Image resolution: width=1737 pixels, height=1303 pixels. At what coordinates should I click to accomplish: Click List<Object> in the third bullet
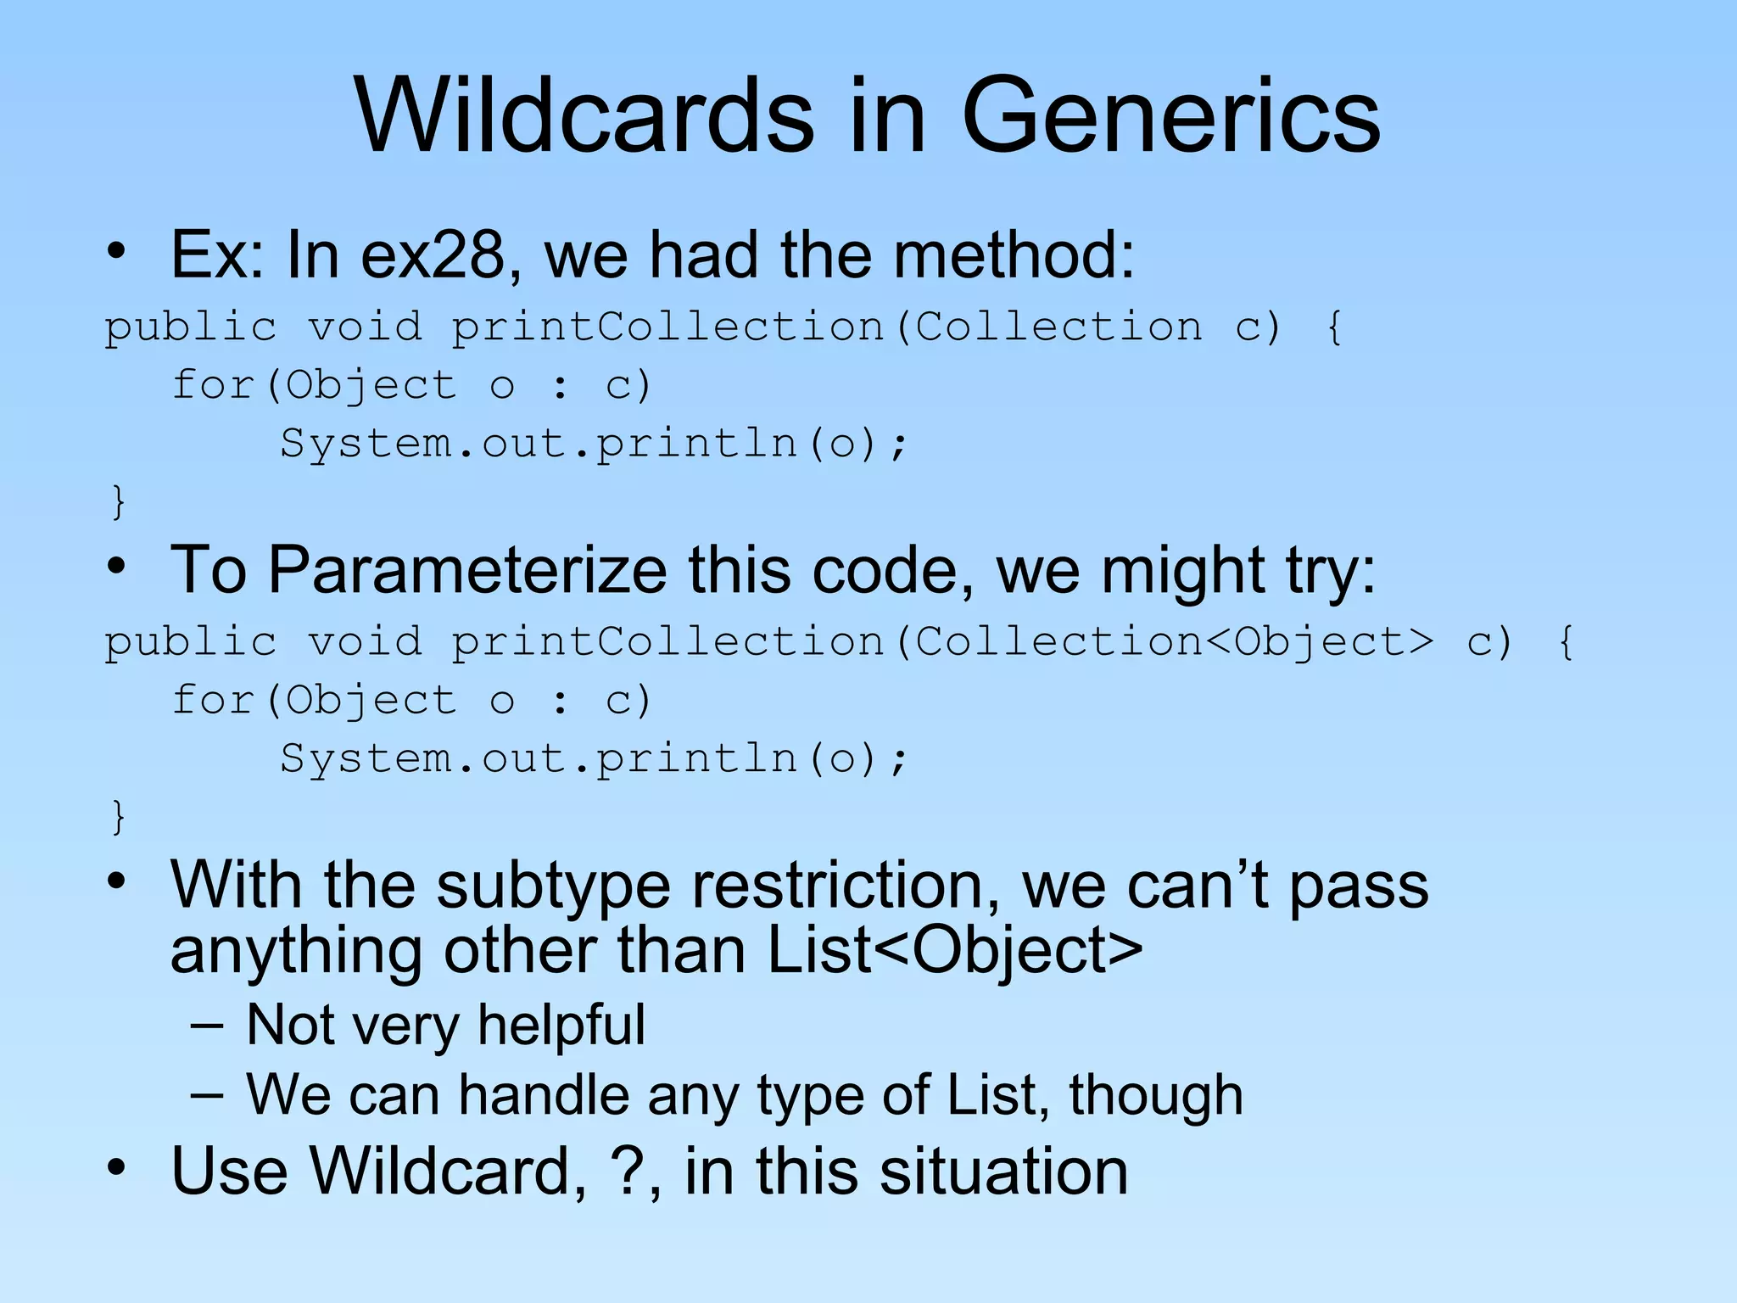[x=954, y=949]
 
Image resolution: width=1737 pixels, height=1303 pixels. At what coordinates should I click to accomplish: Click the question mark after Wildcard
[x=626, y=1171]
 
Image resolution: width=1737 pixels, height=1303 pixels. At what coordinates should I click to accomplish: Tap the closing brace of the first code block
[x=119, y=501]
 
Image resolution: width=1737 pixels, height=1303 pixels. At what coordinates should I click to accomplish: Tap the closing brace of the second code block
[x=119, y=816]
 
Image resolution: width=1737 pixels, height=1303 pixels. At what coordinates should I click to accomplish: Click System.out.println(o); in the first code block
[x=594, y=444]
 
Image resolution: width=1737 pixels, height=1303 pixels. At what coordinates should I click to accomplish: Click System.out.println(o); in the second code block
[x=594, y=758]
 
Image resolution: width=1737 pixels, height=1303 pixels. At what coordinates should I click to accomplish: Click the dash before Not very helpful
[x=207, y=1026]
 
